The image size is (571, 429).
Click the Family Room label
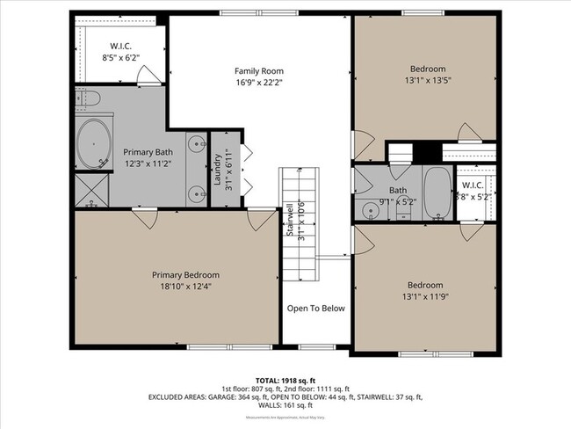(258, 70)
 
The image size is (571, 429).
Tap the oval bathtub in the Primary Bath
(94, 145)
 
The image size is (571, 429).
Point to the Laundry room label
(217, 164)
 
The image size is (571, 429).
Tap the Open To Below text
(316, 309)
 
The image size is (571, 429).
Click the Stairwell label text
(289, 219)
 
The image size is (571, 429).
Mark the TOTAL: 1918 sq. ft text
(285, 380)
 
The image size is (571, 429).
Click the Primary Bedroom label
(184, 274)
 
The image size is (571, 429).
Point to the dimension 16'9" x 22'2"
(258, 83)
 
